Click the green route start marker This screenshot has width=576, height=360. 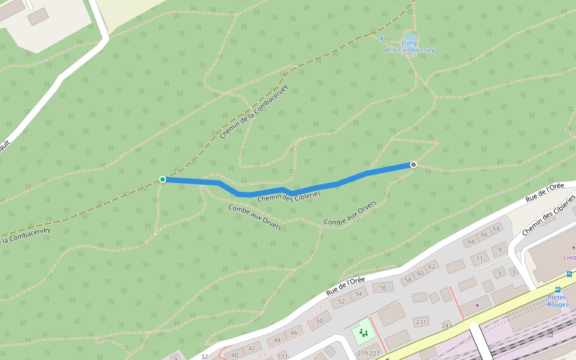163,179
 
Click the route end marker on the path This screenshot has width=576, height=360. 413,164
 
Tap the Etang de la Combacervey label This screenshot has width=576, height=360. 409,47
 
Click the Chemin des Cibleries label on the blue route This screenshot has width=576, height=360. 289,196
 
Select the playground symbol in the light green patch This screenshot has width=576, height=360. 362,331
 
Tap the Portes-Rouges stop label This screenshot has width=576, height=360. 558,300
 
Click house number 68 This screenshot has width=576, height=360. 496,229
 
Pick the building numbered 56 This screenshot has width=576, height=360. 383,287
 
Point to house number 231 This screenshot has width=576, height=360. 421,322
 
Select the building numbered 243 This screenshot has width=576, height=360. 446,326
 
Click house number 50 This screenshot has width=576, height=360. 319,320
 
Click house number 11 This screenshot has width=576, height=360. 479,259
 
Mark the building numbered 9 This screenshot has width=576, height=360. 499,250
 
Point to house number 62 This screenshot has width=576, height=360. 431,266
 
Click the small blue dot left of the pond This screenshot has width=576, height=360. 381,38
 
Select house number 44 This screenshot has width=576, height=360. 278,340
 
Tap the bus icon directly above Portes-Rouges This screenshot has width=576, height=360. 558,289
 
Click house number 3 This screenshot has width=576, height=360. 513,272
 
